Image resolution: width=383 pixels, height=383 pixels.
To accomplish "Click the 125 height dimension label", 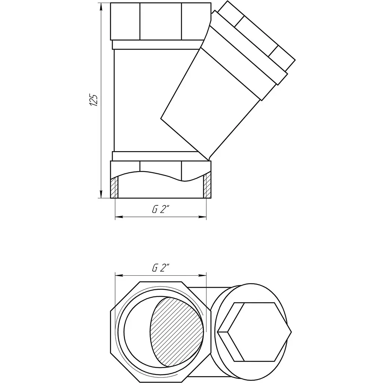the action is point(94,99).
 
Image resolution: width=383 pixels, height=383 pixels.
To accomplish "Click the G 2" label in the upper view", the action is point(160,209).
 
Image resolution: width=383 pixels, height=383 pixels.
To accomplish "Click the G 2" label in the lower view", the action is point(160,268).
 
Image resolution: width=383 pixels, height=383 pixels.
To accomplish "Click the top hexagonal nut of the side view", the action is point(160,21).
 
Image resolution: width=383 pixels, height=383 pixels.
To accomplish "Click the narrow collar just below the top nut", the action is point(156,45).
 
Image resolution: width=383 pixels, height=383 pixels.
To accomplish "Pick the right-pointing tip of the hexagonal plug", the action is point(291,332).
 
